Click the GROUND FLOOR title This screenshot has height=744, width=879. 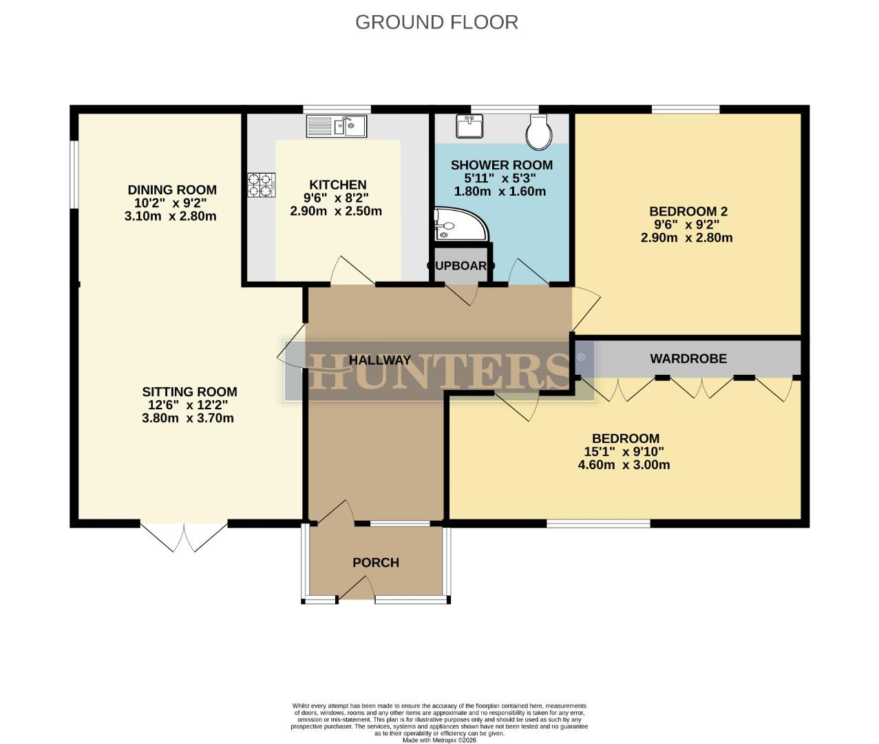coord(436,22)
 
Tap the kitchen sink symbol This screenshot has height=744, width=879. coord(337,126)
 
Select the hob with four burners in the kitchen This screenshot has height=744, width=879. coord(262,184)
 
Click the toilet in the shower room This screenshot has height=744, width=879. coord(539,131)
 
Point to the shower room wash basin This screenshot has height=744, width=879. coord(470,126)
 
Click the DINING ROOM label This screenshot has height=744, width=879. coord(172,190)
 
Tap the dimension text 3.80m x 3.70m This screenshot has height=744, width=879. coord(188,418)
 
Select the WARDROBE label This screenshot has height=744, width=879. coord(688,358)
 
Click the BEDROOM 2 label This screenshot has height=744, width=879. coord(688,211)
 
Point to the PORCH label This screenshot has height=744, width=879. coord(376,563)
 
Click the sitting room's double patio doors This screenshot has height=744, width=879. coord(184,537)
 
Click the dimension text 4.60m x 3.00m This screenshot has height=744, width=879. coord(624,465)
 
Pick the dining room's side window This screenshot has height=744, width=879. coord(74,174)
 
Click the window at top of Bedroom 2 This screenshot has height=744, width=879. coord(686,109)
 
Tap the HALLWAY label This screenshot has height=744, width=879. coord(379,360)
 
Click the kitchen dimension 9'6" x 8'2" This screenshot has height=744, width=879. coord(337,198)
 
